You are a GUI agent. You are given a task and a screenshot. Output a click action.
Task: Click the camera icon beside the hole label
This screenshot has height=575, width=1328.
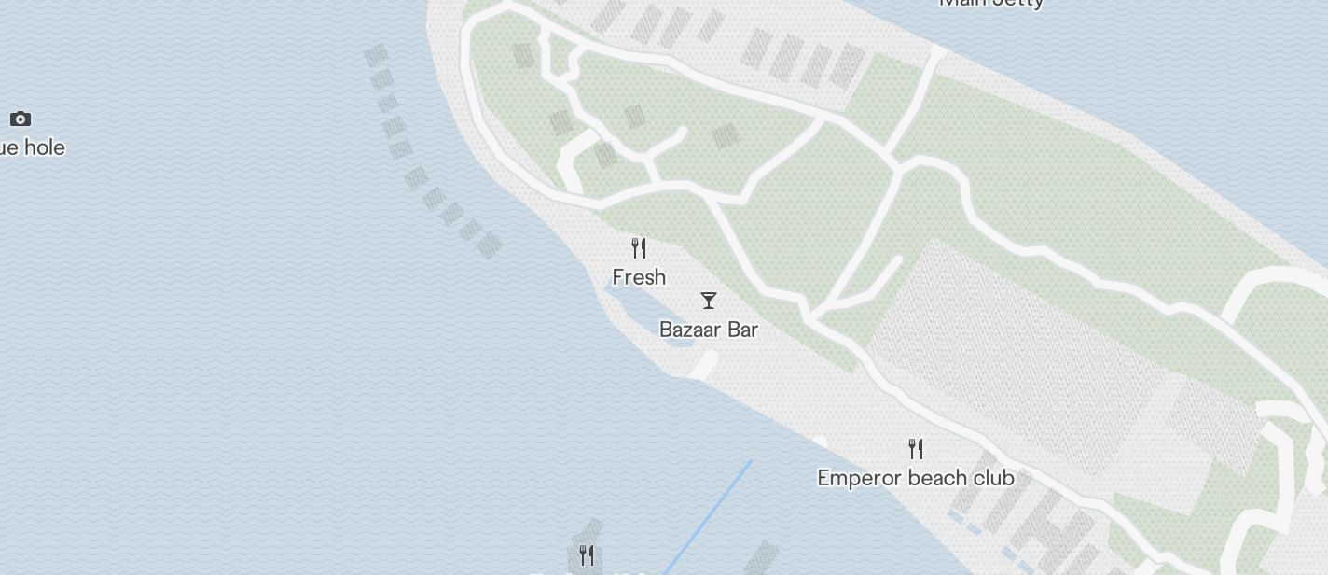[21, 119]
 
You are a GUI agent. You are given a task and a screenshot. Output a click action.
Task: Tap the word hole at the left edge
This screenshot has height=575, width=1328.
[45, 147]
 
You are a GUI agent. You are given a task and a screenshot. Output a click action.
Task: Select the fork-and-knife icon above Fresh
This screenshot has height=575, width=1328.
[639, 248]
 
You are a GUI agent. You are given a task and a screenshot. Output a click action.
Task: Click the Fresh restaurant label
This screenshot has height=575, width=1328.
[639, 277]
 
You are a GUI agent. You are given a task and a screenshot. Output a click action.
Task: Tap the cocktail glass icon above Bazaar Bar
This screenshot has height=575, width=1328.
[709, 301]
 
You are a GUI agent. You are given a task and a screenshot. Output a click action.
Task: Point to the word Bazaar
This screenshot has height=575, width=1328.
[689, 330]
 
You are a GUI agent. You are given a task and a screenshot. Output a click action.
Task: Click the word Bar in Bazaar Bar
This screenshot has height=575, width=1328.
[741, 330]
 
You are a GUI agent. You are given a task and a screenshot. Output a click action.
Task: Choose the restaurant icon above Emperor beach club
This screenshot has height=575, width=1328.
[916, 449]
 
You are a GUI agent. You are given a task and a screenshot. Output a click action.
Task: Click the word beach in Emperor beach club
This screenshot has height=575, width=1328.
[934, 478]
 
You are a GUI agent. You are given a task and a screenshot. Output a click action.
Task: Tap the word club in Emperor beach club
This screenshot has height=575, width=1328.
[993, 478]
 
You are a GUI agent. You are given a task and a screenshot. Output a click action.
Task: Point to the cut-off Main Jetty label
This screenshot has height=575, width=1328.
[990, 3]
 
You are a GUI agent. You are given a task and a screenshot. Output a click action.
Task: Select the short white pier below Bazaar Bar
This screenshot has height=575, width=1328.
[704, 366]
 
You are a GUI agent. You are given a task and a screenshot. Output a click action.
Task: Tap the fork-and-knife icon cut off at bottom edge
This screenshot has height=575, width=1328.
[587, 556]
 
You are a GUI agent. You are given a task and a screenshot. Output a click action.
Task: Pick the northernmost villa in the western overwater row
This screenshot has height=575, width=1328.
[376, 56]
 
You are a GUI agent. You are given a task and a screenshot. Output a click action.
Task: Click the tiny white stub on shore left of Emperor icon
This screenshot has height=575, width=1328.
[820, 442]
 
